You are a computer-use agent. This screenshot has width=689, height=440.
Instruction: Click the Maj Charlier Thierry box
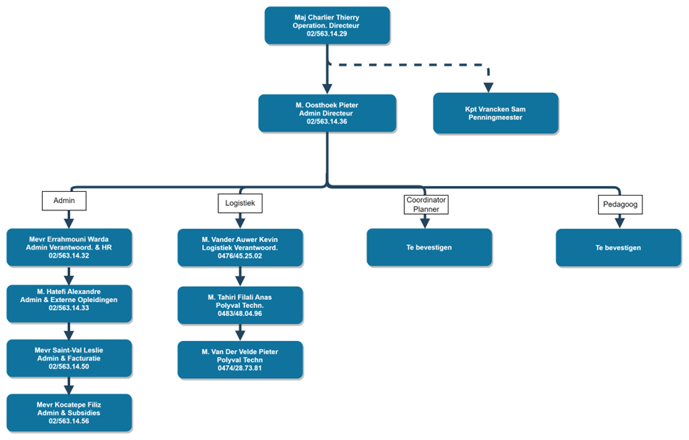point(327,26)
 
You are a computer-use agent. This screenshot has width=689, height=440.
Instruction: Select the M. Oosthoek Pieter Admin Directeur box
point(327,114)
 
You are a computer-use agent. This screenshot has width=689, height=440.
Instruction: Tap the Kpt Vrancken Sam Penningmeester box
point(496,114)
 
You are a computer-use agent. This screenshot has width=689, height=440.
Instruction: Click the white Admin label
point(64,201)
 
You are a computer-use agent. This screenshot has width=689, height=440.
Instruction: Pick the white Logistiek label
point(240,203)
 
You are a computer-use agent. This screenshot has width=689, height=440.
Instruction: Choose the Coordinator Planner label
point(426,204)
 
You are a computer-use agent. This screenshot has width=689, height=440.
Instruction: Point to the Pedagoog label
point(620,204)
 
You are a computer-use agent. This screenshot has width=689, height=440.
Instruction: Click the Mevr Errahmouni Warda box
point(69,247)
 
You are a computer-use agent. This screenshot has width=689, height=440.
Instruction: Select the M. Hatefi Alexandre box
point(69,303)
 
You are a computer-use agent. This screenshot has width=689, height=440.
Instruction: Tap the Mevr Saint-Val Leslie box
point(69,358)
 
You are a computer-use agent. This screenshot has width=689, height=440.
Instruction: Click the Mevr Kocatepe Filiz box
point(69,413)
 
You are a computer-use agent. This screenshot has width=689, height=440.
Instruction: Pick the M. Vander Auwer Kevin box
point(240,248)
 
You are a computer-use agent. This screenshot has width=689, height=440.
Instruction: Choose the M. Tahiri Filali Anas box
point(240,306)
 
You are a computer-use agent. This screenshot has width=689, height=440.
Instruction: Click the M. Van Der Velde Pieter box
point(240,360)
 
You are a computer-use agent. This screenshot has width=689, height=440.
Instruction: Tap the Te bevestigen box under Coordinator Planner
point(429,247)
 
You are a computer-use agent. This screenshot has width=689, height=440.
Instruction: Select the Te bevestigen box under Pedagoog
point(618,248)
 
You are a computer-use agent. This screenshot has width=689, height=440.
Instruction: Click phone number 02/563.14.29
point(327,34)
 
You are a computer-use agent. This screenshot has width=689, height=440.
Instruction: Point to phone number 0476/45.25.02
point(240,256)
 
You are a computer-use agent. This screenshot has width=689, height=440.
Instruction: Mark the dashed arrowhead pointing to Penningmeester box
point(488,87)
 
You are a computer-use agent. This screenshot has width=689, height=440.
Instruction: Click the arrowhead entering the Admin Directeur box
point(327,89)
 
